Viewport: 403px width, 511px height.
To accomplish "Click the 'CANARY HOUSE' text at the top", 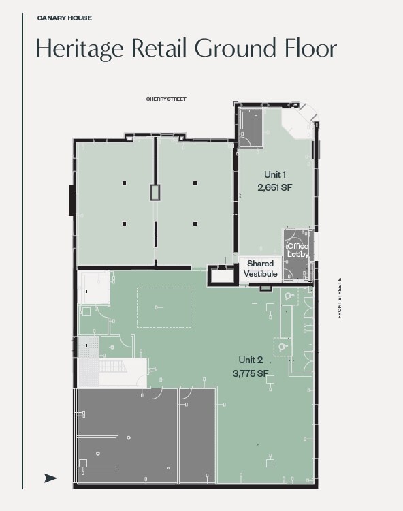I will tap(65, 18).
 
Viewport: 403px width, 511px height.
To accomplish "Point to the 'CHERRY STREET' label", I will tap(166, 99).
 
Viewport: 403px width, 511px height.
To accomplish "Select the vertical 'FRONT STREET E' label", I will tap(338, 298).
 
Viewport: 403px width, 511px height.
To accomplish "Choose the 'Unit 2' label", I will tap(251, 360).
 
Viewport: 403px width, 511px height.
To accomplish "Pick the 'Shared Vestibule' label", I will tap(261, 268).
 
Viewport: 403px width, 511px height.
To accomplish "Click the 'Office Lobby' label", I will tap(297, 250).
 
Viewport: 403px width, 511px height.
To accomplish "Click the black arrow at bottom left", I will tap(50, 478).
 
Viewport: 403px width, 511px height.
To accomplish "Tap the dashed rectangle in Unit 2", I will tap(164, 307).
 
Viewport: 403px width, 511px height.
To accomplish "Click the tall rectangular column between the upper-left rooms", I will tap(155, 192).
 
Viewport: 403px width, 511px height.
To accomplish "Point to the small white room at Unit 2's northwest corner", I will tap(93, 287).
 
